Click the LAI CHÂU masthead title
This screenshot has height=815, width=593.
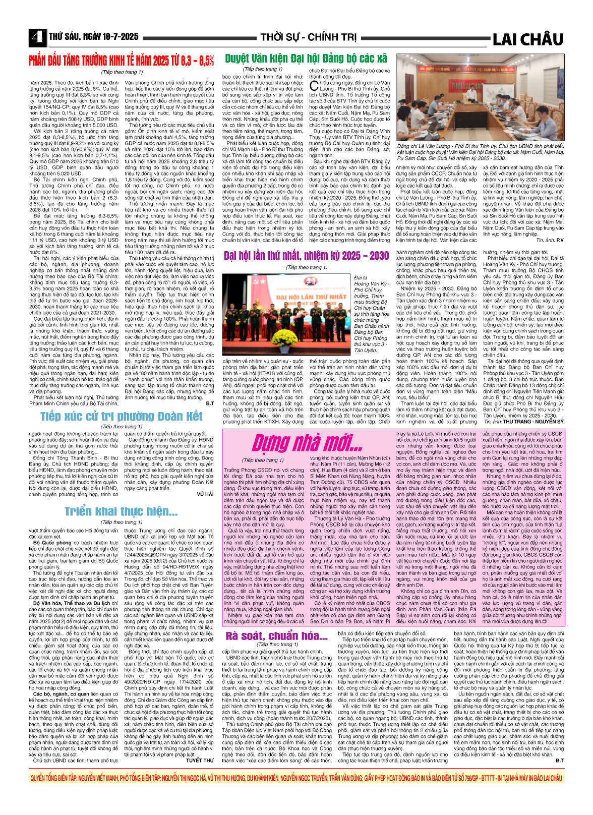tap(527, 39)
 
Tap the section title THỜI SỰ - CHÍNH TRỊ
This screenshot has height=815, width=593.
tap(309, 37)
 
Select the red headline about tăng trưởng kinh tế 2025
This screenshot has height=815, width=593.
tap(121, 61)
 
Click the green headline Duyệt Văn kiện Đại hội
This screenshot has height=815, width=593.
tap(306, 58)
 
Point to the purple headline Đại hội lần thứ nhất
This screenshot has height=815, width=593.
tap(306, 255)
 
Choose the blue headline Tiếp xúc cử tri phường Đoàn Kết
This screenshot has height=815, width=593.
tap(121, 416)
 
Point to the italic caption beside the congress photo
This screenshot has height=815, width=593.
tap(372, 312)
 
